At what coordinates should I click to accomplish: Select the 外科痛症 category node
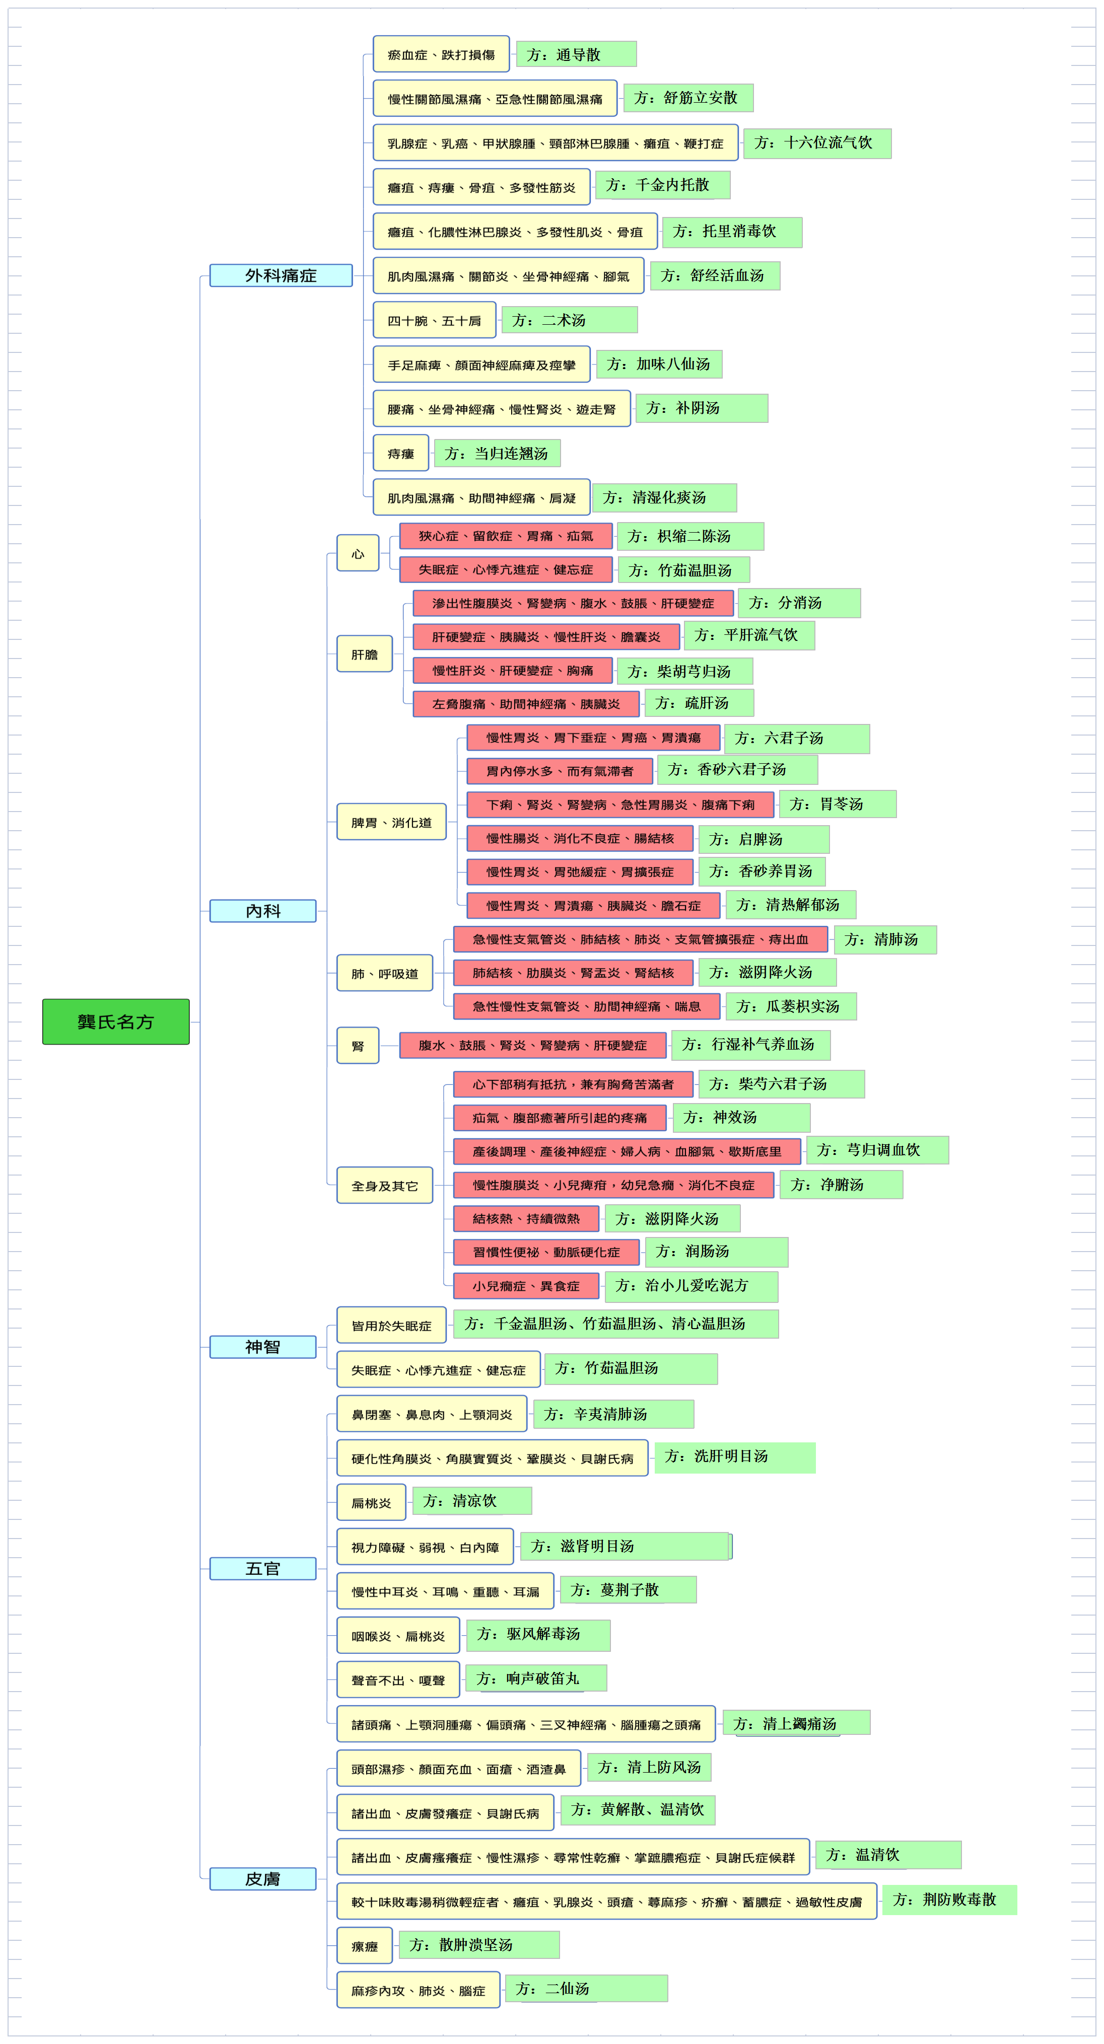pos(281,275)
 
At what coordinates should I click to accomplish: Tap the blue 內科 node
pos(263,911)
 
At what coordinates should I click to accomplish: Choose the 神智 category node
pos(263,1347)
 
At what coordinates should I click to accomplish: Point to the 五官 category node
pos(263,1569)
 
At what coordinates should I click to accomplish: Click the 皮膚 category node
pos(263,1879)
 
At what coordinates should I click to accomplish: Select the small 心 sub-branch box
pos(358,553)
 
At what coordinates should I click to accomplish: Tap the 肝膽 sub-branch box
pos(364,654)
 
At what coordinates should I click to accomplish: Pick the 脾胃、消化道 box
pos(391,822)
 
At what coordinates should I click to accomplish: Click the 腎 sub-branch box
pos(358,1046)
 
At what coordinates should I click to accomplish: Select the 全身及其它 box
pos(385,1186)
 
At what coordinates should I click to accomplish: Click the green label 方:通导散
pos(576,54)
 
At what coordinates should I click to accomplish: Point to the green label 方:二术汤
pos(569,320)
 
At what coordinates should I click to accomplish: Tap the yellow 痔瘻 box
pos(401,453)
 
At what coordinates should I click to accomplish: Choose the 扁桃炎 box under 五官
pos(371,1503)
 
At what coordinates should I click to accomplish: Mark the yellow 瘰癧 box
pos(364,1946)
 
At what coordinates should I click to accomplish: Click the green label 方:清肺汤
pos(885,939)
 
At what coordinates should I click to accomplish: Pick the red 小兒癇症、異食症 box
pos(526,1285)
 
